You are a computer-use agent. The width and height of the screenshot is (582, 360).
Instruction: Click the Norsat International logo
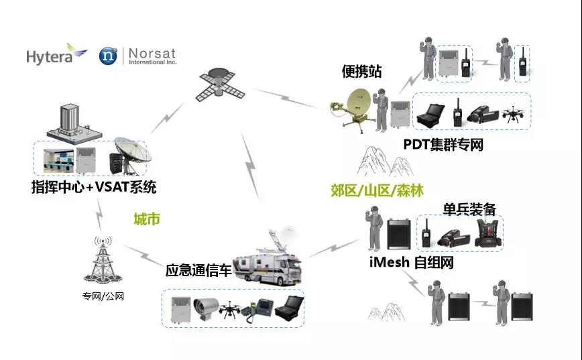click(137, 56)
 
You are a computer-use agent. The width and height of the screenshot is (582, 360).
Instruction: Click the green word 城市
click(147, 219)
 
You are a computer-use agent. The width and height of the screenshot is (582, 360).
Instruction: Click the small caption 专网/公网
click(103, 296)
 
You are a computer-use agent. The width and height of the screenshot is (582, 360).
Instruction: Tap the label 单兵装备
click(469, 209)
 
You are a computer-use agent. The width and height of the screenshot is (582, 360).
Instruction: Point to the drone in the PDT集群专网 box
click(514, 113)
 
